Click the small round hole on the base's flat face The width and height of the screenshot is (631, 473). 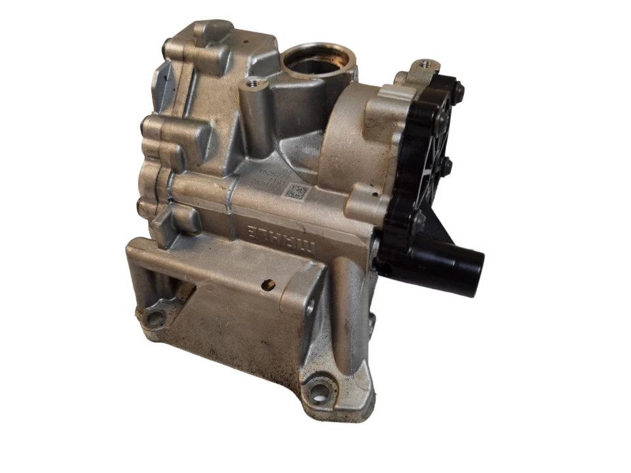click(x=268, y=285)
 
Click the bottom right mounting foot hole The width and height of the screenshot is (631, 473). click(x=320, y=393)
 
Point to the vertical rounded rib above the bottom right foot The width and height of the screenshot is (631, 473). click(x=347, y=315)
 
